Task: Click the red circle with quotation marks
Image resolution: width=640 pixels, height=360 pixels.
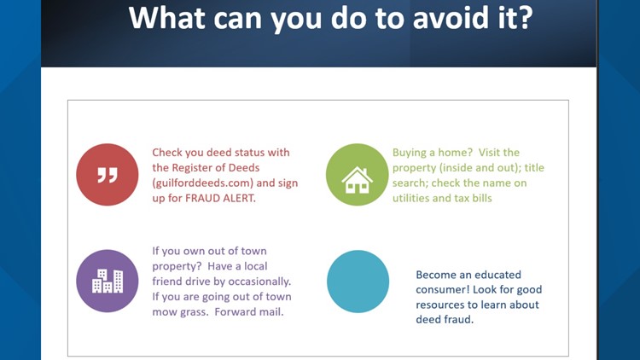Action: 108,175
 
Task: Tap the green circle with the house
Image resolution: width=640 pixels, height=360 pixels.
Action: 358,175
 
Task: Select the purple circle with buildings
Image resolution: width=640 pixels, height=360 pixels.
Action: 108,281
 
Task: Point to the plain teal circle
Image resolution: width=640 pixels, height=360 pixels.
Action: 358,281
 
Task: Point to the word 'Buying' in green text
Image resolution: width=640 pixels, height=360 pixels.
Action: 410,153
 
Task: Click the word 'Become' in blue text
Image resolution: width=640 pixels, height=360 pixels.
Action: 437,275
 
